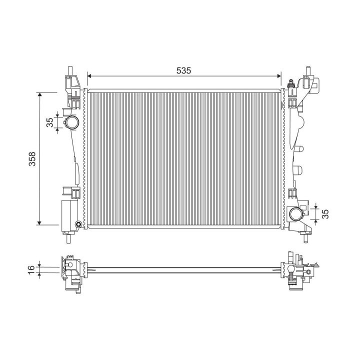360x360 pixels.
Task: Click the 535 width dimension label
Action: [183, 70]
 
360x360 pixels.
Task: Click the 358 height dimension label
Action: [32, 158]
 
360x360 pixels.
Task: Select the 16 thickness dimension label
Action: [31, 269]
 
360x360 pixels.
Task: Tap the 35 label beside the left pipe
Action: [50, 122]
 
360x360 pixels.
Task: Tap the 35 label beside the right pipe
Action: [325, 214]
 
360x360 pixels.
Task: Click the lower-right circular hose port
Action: [295, 214]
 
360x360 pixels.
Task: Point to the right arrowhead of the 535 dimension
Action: [279, 76]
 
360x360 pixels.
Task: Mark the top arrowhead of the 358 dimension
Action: [39, 94]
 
